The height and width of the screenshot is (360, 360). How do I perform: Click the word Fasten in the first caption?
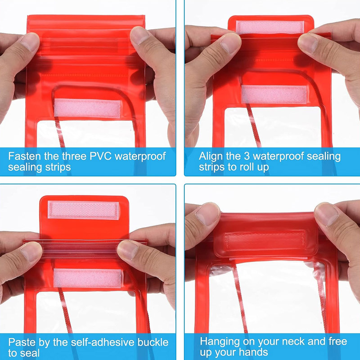click(x=25, y=156)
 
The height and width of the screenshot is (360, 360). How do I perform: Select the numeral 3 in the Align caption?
click(x=246, y=156)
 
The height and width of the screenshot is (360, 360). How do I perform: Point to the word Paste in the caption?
click(x=22, y=342)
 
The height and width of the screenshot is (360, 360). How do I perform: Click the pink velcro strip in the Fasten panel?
click(x=87, y=108)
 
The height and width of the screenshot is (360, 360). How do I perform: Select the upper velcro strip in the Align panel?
click(x=270, y=27)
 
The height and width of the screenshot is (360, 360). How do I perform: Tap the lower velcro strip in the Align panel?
click(x=274, y=94)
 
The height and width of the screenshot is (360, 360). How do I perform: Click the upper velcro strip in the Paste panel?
click(x=83, y=210)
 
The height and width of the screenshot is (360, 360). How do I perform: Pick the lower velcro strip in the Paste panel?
click(x=87, y=278)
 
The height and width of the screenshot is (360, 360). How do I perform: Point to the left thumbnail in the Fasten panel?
click(x=29, y=41)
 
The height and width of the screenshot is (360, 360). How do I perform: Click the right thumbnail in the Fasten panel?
click(x=139, y=36)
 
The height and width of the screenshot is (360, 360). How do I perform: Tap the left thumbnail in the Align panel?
click(x=231, y=43)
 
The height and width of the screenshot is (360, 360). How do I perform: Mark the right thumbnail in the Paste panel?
click(x=128, y=250)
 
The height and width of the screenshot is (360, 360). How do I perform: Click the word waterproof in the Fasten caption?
click(x=140, y=157)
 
